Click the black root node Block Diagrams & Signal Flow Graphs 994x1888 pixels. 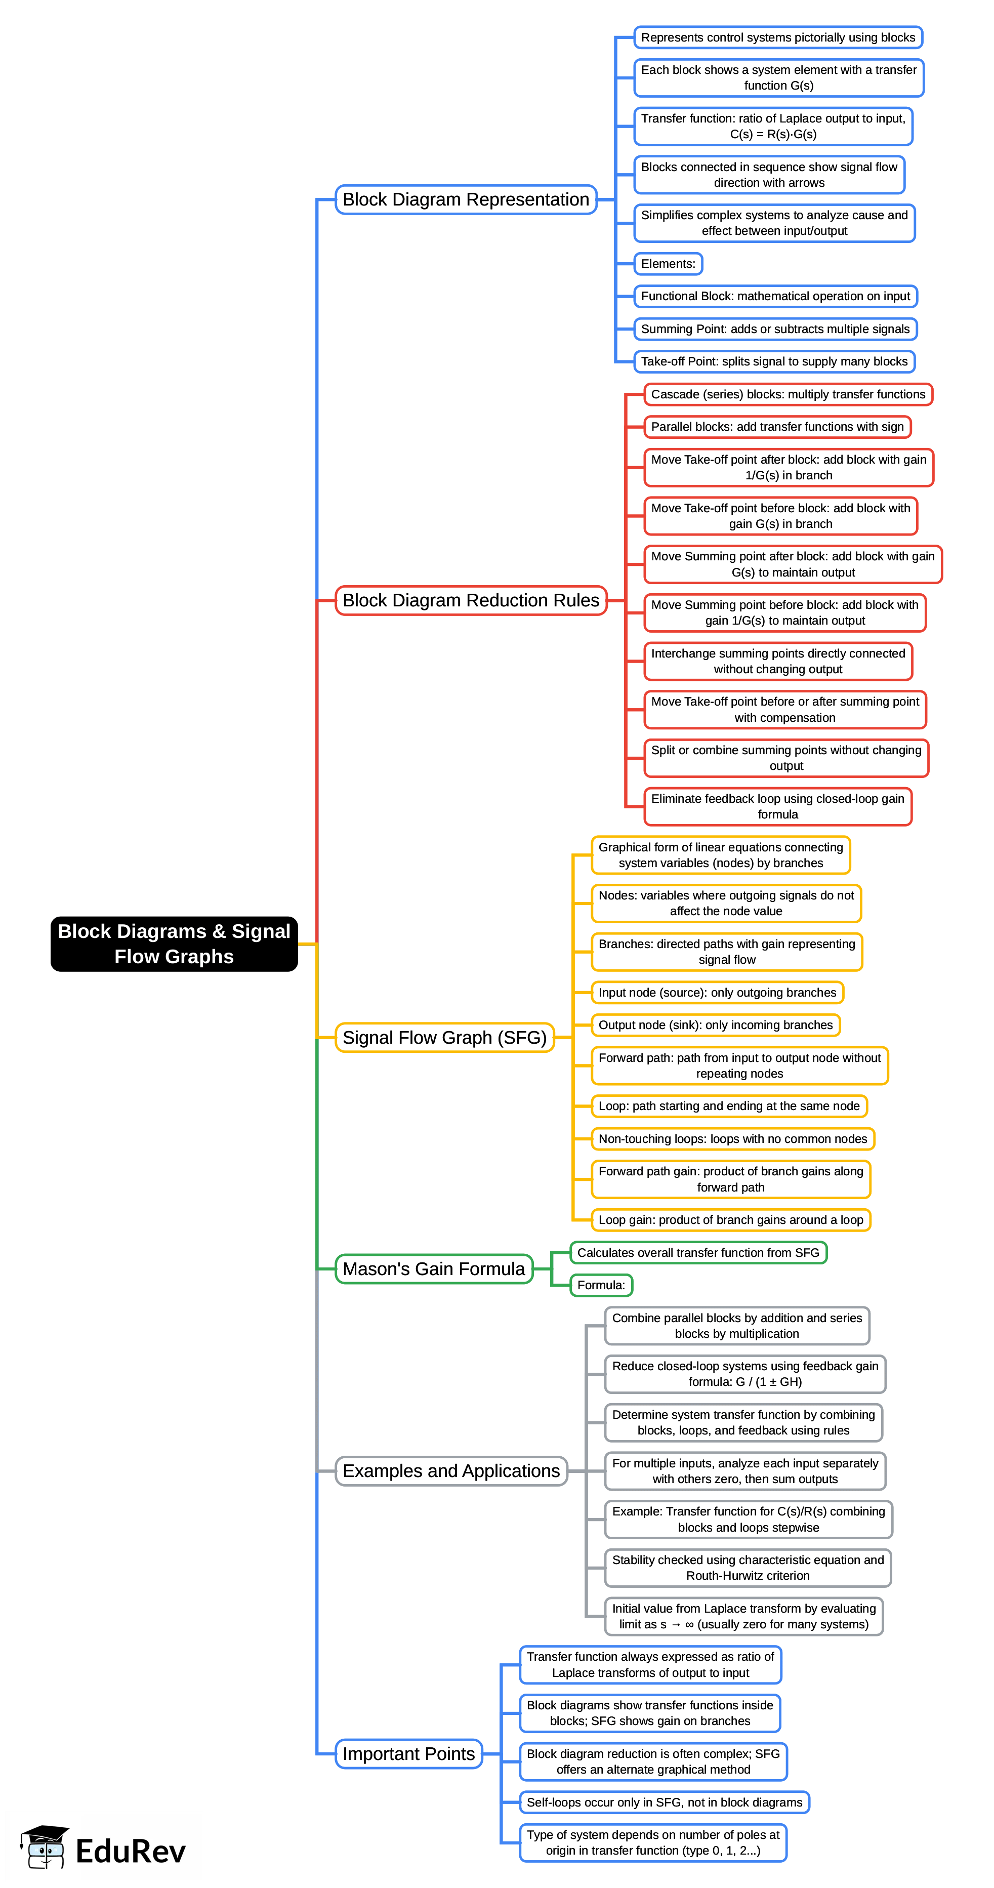point(174,943)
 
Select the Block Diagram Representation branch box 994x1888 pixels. point(466,199)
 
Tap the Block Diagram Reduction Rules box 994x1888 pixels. point(471,600)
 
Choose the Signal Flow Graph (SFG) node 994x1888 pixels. point(444,1038)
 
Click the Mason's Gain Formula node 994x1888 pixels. point(433,1268)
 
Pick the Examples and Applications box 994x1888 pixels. point(451,1471)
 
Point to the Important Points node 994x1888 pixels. point(408,1754)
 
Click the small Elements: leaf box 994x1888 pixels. point(668,264)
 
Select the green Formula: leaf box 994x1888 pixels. point(601,1285)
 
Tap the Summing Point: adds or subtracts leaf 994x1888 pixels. point(775,329)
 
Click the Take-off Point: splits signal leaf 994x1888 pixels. point(774,361)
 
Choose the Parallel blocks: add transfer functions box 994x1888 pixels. point(777,427)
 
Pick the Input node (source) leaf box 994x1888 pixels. point(717,993)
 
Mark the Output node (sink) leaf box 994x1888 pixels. point(716,1024)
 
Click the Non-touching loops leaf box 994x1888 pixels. point(732,1139)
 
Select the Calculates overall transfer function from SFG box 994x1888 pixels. point(698,1253)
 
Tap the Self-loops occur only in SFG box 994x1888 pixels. point(664,1802)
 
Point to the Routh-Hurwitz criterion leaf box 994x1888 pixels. point(748,1568)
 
